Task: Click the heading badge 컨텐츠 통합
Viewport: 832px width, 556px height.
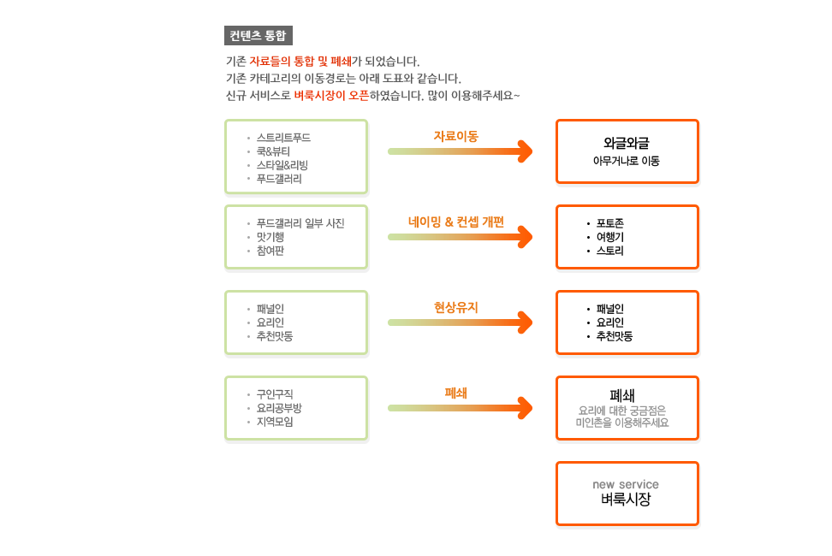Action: pos(259,36)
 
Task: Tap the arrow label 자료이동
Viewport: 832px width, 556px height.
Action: pos(455,136)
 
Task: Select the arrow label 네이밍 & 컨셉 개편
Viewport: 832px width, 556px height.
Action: pos(455,222)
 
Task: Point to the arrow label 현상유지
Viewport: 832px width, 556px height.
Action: pos(455,307)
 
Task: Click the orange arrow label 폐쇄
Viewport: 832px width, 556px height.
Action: pos(455,393)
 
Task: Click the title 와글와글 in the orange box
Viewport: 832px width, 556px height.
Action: pos(626,143)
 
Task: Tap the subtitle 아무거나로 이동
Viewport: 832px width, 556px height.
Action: pos(626,161)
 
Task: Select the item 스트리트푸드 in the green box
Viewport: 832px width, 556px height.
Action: pos(283,138)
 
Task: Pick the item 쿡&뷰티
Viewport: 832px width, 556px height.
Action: pos(273,151)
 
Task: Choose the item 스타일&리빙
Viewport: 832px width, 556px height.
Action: pos(282,165)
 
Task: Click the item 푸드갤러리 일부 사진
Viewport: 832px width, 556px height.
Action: pos(300,223)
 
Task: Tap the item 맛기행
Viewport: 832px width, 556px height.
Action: pos(270,237)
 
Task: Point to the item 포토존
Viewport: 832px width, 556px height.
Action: pos(610,223)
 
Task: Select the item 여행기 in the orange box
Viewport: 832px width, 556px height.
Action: pos(610,237)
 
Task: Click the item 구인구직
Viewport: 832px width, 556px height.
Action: pos(275,394)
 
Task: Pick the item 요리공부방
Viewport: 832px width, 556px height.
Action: pos(279,408)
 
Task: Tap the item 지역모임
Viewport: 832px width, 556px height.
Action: pos(275,422)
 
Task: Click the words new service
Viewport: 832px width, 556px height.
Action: pos(626,484)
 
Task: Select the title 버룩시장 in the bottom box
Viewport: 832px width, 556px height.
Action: pos(626,500)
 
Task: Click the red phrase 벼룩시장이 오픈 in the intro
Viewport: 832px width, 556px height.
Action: pos(331,96)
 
